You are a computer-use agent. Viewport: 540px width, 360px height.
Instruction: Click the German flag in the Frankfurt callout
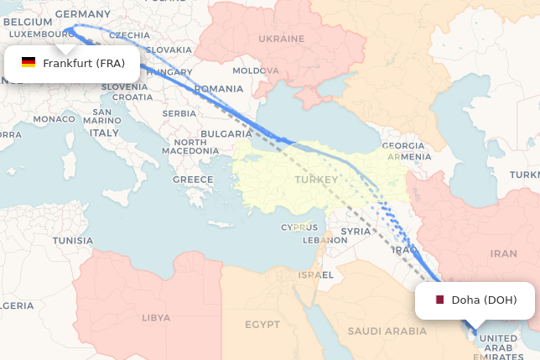click(29, 63)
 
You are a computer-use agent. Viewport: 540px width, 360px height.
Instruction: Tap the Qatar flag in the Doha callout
click(439, 300)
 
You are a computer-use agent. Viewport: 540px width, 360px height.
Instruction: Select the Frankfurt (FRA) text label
click(84, 63)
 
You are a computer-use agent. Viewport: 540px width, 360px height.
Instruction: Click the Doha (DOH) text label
click(484, 300)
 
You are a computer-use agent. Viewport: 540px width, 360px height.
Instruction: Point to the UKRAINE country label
click(281, 39)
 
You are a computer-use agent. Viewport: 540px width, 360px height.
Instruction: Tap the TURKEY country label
click(316, 180)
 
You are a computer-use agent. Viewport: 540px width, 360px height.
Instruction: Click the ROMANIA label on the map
click(218, 89)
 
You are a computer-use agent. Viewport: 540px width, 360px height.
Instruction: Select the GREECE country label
click(193, 180)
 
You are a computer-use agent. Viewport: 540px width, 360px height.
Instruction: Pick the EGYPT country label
click(262, 325)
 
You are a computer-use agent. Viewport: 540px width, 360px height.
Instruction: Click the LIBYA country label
click(155, 318)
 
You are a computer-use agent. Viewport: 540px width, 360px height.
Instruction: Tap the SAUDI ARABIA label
click(387, 331)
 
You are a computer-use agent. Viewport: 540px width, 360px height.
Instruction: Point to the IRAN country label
click(503, 253)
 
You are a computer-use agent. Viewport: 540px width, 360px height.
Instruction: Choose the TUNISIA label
click(73, 240)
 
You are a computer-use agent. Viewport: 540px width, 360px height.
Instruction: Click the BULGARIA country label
click(226, 133)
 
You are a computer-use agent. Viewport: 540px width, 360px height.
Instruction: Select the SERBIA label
click(179, 113)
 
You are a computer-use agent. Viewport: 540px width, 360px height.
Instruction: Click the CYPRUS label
click(299, 227)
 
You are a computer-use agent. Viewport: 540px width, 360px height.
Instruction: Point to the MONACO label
click(54, 119)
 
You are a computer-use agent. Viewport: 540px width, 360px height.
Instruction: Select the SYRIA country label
click(356, 231)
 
